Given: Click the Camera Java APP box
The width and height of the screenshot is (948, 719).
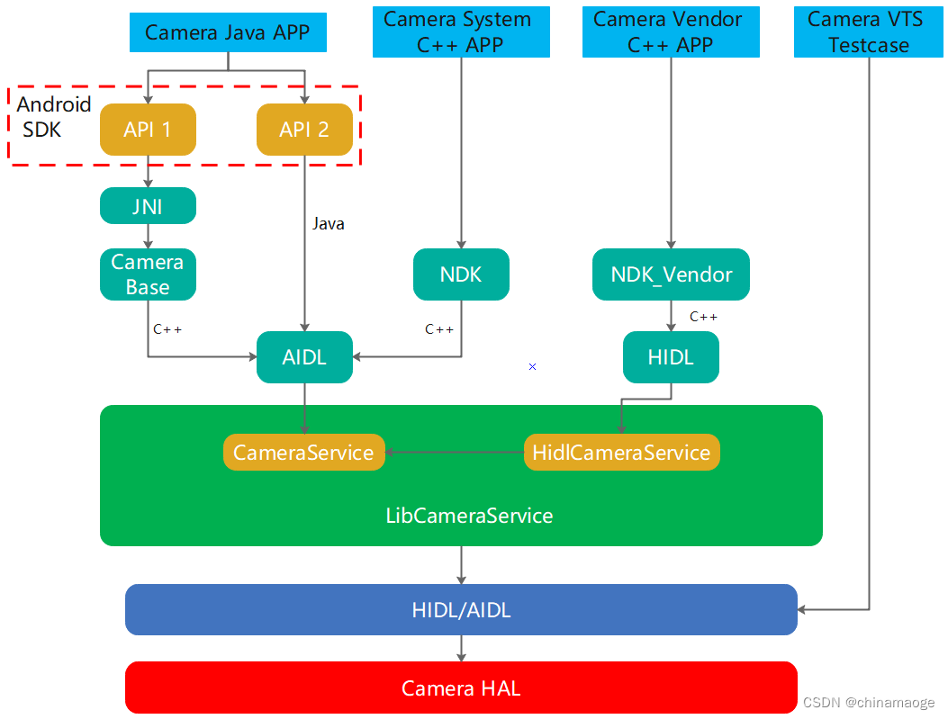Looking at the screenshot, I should [x=227, y=33].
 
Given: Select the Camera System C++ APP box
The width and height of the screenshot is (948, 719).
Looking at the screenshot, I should [x=461, y=32].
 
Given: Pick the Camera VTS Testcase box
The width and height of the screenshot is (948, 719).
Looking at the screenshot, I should [x=869, y=32].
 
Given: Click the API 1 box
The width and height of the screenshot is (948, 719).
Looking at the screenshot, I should [x=148, y=130].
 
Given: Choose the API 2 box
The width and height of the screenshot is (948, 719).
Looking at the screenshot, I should [x=304, y=130].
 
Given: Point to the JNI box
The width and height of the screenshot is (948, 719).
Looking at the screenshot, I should [x=148, y=206].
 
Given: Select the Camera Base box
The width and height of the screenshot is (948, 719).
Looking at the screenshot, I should [x=148, y=274].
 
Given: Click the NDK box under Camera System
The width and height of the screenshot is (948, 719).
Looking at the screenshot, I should [x=461, y=274].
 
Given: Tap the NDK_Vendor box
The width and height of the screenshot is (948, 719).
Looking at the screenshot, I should [x=671, y=274].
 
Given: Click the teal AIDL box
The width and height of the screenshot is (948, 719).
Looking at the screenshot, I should [x=304, y=357].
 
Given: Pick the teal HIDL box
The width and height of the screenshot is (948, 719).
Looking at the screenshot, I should [x=671, y=357].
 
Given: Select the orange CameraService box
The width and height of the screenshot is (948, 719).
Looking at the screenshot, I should [x=303, y=452].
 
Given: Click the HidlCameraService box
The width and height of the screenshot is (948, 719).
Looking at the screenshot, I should [x=621, y=452].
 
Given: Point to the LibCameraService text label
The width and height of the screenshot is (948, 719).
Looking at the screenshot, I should [x=469, y=516].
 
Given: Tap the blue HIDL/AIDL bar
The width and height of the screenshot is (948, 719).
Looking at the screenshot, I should [x=461, y=610].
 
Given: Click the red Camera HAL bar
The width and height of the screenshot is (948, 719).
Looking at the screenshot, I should [x=461, y=688].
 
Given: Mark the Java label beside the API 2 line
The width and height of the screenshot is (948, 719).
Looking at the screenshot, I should [x=328, y=224].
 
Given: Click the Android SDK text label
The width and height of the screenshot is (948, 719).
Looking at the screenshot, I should [x=53, y=117].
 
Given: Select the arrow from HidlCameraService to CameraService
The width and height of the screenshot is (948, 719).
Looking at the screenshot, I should [x=455, y=452].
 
